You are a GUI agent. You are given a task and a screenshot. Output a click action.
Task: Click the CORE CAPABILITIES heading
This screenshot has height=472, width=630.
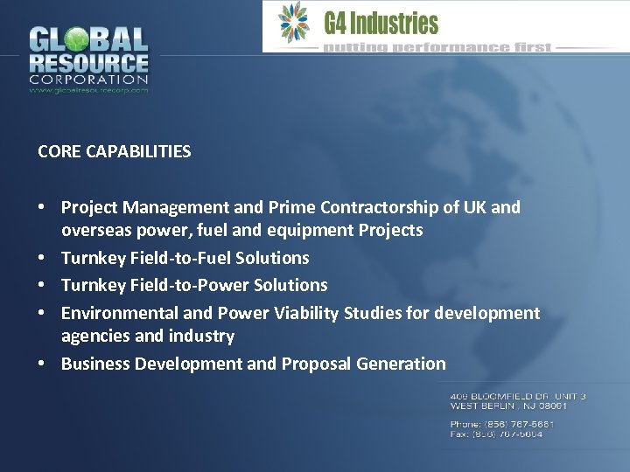tap(115, 151)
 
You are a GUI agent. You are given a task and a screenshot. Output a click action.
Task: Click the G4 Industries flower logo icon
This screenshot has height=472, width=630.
tap(293, 23)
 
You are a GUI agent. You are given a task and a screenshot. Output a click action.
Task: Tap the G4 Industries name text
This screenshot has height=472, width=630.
tap(381, 24)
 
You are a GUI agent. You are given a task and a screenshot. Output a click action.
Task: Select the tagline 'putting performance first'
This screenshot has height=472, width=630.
tap(437, 47)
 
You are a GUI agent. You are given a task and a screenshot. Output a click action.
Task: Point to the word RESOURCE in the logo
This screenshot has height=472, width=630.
tap(88, 63)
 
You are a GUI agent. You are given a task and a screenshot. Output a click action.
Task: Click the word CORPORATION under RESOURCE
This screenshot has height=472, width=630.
tap(88, 80)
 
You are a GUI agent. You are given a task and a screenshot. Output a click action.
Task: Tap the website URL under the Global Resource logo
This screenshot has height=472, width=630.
tap(88, 90)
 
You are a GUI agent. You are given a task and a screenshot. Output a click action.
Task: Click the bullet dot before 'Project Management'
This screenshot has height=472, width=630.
tap(42, 208)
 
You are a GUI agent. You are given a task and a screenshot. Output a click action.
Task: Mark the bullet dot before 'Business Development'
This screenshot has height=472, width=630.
tap(42, 364)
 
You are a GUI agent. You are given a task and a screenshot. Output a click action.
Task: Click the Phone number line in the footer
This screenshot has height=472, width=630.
tap(502, 424)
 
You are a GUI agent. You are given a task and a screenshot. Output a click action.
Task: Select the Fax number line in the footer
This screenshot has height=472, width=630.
tap(496, 434)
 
